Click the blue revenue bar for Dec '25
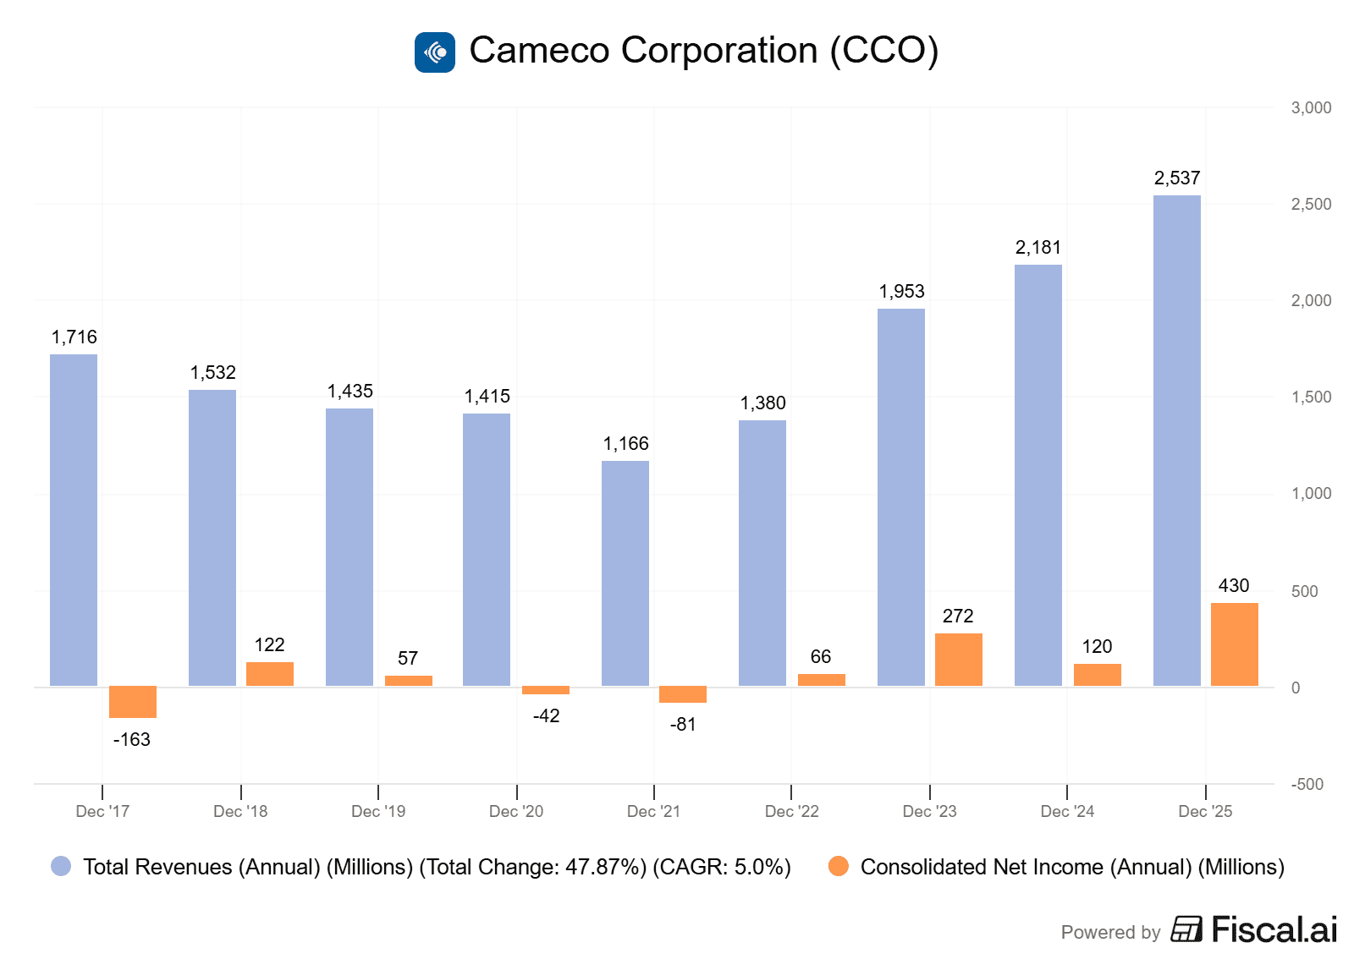(1176, 440)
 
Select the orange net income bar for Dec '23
(958, 660)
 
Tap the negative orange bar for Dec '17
(133, 702)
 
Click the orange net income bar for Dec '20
(546, 690)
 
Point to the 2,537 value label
(1177, 178)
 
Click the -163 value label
(132, 740)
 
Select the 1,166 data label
(625, 444)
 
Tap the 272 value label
(958, 616)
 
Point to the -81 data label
(683, 725)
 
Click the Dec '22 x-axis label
(791, 812)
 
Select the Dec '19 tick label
(378, 812)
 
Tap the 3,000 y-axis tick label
(1311, 108)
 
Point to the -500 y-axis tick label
(1307, 785)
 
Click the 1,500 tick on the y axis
(1311, 397)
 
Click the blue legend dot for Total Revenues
(61, 866)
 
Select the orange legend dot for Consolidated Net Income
(839, 866)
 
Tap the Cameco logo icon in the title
(435, 52)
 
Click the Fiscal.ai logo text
(1274, 929)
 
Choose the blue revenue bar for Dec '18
(212, 538)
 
